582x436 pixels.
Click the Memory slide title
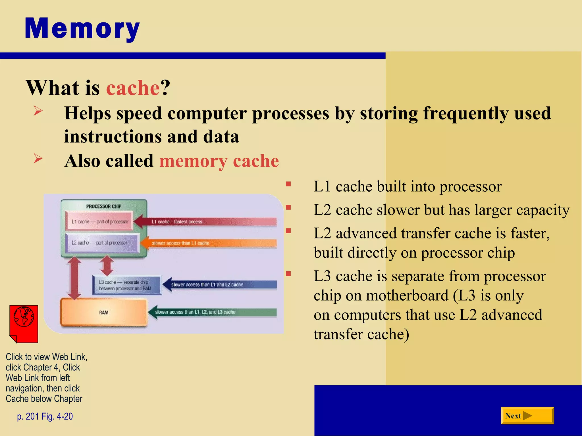pyautogui.click(x=82, y=28)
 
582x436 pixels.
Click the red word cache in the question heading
pyautogui.click(x=133, y=88)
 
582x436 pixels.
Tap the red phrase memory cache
pyautogui.click(x=219, y=161)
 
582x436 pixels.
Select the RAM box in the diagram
pyautogui.click(x=104, y=312)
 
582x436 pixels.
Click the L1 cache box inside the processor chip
pyautogui.click(x=99, y=221)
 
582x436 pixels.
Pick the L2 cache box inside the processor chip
pyautogui.click(x=102, y=243)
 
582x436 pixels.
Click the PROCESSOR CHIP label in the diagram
pyautogui.click(x=104, y=206)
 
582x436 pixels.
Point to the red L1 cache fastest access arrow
pyautogui.click(x=205, y=222)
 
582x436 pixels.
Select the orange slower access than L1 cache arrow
pyautogui.click(x=209, y=243)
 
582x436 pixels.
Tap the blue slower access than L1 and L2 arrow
pyautogui.click(x=220, y=284)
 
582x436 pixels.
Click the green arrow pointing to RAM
pyautogui.click(x=213, y=312)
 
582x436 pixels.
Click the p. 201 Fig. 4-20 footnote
pyautogui.click(x=45, y=416)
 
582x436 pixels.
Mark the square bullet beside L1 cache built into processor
pyautogui.click(x=288, y=184)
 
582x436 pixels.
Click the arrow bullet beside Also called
pyautogui.click(x=38, y=158)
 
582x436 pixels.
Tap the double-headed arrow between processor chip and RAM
pyautogui.click(x=74, y=278)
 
